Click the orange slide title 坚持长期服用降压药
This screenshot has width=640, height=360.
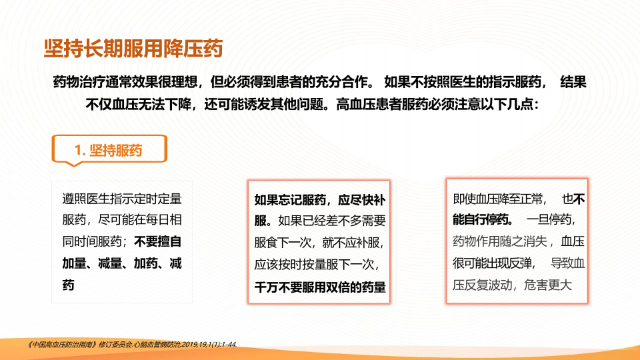click(133, 49)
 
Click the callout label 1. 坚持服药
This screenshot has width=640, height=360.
click(109, 150)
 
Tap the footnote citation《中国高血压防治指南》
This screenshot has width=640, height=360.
click(61, 345)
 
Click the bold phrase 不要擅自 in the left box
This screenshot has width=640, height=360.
click(158, 241)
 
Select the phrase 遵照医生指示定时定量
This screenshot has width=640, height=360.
click(122, 199)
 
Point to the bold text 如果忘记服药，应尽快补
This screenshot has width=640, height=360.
click(320, 200)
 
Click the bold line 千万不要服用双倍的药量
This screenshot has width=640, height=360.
click(320, 287)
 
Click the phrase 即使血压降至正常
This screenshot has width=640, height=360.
click(498, 199)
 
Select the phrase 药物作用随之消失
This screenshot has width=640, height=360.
click(499, 241)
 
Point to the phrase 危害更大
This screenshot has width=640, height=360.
click(548, 285)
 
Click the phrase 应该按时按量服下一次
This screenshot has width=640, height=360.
click(314, 265)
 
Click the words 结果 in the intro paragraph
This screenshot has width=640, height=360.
click(573, 82)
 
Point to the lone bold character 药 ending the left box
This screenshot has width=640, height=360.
click(68, 285)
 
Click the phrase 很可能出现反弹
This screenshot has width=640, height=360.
click(492, 263)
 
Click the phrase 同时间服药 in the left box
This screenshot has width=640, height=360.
click(92, 241)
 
